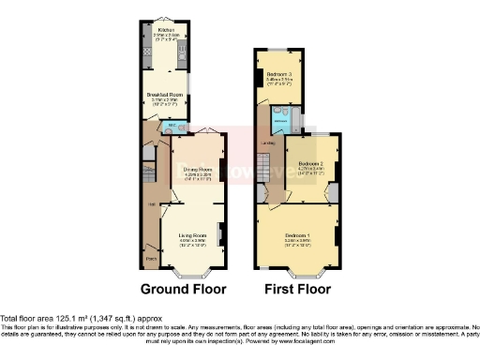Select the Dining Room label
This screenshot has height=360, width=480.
pos(197,169)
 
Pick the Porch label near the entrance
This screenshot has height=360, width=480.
pos(150,254)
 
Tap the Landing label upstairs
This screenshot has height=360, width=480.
pos(267,142)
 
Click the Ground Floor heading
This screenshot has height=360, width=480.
pos(184,289)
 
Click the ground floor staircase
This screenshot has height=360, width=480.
pos(150,173)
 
